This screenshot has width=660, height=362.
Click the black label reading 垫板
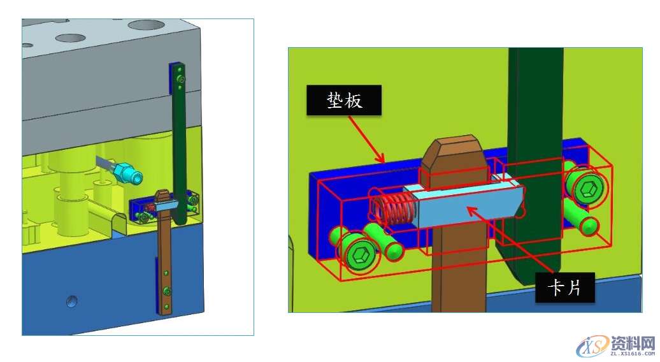(x=344, y=100)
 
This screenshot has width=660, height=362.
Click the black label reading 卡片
(x=565, y=287)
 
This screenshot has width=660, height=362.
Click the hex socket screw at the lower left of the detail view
(x=359, y=255)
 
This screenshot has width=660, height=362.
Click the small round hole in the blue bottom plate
(x=72, y=301)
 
